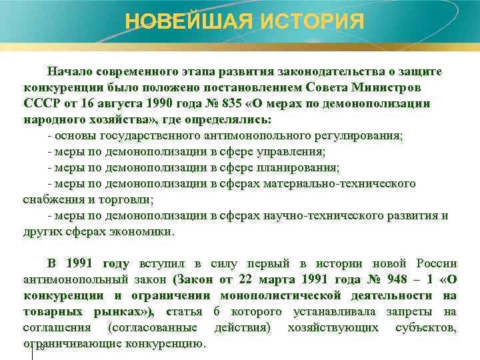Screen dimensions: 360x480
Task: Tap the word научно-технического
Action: pyautogui.click(x=340, y=215)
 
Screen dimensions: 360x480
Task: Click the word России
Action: pyautogui.click(x=437, y=263)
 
